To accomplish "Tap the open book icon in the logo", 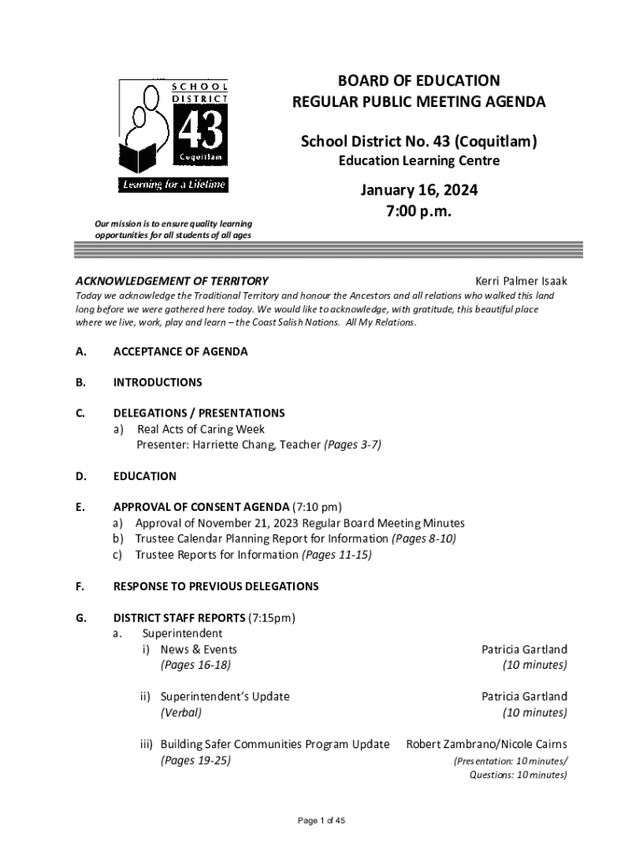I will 139,157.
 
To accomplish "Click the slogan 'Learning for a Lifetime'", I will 173,185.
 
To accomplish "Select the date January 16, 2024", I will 419,190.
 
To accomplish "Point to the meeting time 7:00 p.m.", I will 419,211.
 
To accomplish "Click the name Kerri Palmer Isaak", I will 521,281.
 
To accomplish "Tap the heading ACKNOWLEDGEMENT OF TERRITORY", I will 172,281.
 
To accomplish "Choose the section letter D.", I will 80,476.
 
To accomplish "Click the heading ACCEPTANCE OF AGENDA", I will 180,352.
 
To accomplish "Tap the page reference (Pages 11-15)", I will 337,554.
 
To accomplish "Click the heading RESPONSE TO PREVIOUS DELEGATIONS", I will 215,586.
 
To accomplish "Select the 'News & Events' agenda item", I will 199,649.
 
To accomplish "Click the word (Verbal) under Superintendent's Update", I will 181,712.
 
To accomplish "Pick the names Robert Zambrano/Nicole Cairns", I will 486,744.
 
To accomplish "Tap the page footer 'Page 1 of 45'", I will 321,821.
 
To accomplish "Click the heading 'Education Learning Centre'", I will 418,160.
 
